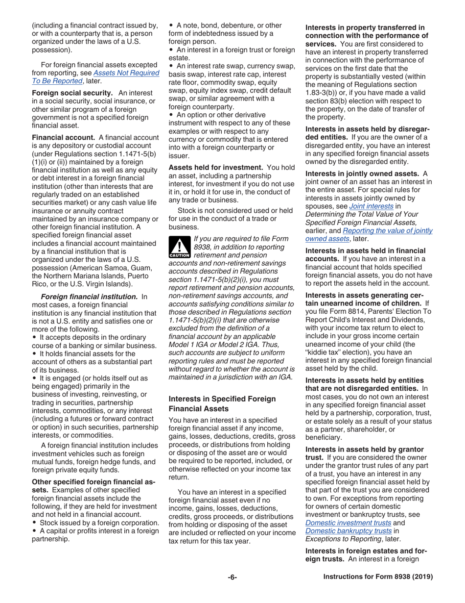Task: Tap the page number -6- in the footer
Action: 232,577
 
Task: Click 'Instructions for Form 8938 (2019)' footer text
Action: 378,577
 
